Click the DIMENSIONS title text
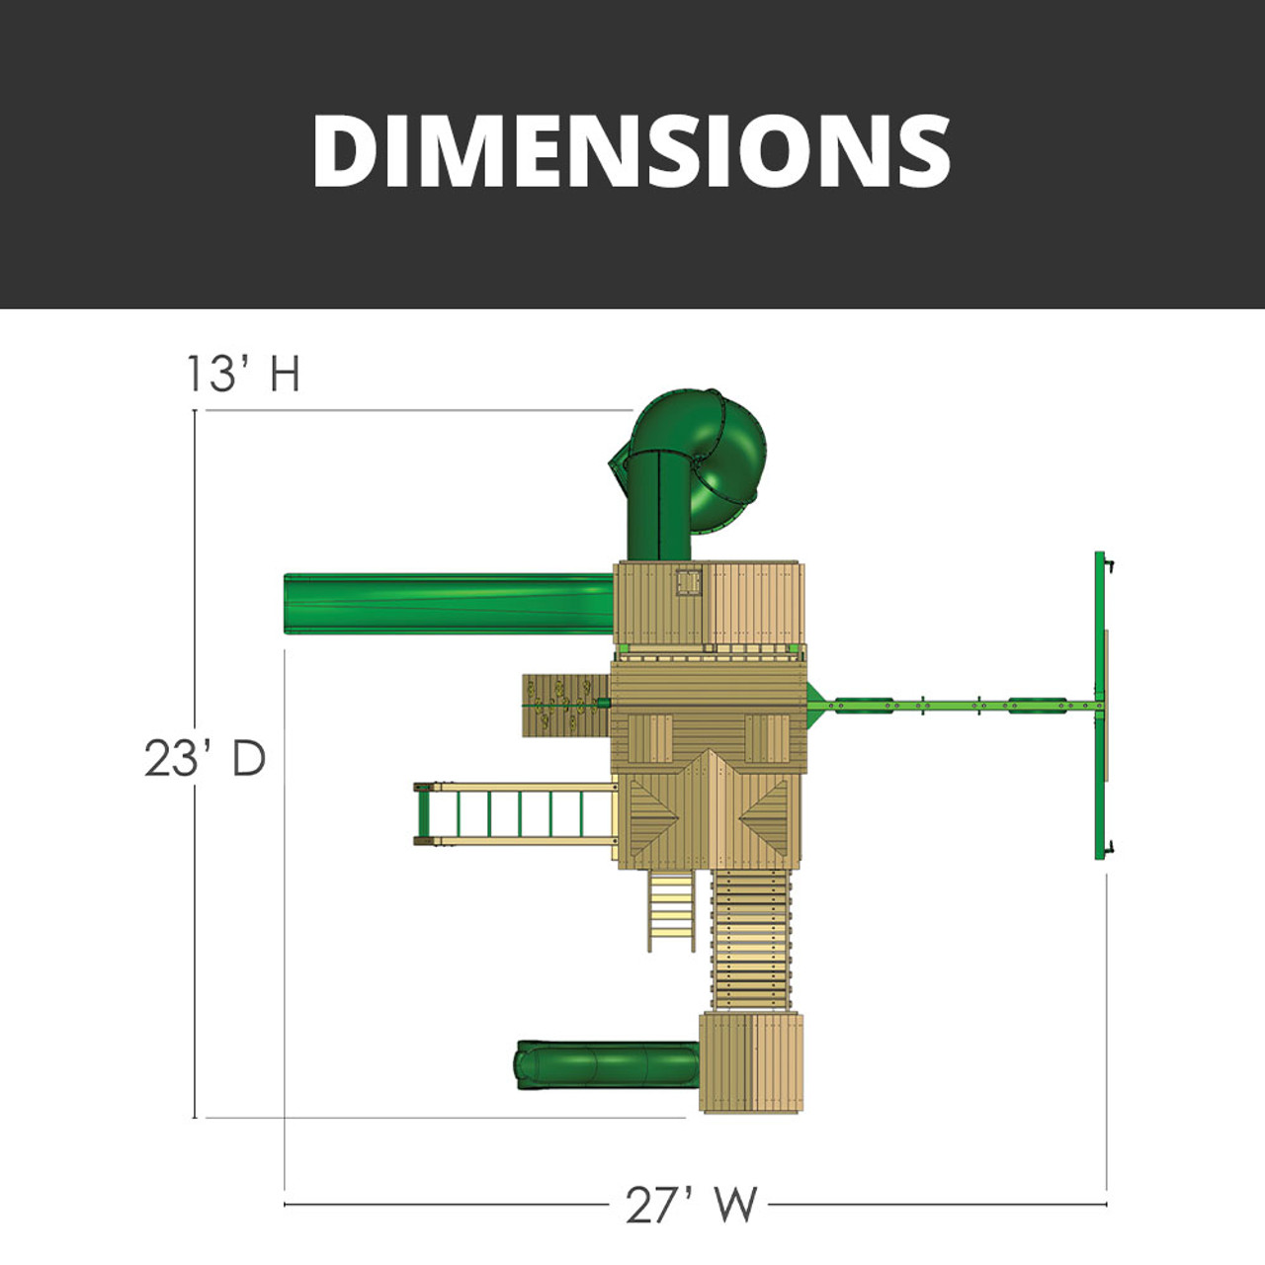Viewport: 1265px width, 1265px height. coord(632,150)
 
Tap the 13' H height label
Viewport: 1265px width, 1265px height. coord(243,373)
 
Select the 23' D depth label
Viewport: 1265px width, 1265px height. coord(205,759)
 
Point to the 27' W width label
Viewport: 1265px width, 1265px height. coord(691,1204)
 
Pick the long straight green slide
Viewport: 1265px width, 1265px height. coord(449,604)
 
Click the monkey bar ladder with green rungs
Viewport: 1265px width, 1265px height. coord(515,814)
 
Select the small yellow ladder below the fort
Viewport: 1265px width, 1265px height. coord(671,910)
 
